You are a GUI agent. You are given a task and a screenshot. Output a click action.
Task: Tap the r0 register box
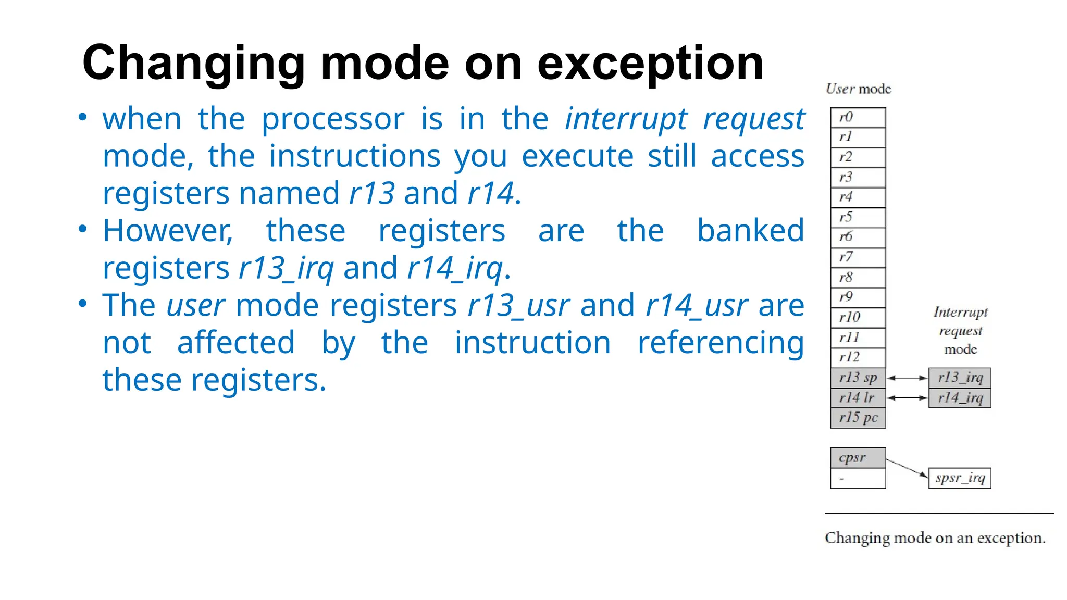coord(858,117)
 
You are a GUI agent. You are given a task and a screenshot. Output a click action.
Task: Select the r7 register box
coord(858,257)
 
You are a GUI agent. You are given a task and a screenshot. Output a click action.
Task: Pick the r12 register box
coord(858,357)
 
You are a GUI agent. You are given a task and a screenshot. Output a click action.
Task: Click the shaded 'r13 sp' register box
coord(858,378)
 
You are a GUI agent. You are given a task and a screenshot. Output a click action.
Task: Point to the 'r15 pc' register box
coord(858,418)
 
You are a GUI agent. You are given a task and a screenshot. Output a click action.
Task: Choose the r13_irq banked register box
coord(960,378)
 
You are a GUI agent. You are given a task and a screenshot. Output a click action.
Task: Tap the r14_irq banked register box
coord(960,398)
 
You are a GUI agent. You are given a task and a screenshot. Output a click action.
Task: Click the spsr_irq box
coord(960,478)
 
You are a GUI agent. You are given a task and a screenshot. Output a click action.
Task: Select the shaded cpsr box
coord(858,458)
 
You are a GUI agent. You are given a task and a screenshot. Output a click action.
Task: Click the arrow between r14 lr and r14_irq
coord(907,398)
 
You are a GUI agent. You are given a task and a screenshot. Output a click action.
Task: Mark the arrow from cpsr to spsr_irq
coord(907,468)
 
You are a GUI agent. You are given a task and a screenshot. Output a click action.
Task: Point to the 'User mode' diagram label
coord(859,89)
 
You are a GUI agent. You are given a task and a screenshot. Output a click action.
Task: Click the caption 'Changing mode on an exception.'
coord(935,538)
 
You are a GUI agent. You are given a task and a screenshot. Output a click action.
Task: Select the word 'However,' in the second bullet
coord(168,231)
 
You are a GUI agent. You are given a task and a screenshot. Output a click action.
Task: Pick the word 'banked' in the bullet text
coord(750,231)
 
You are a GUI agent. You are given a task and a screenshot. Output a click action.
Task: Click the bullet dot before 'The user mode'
coord(82,303)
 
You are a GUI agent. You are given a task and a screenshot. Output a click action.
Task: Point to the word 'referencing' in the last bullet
coord(721,343)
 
